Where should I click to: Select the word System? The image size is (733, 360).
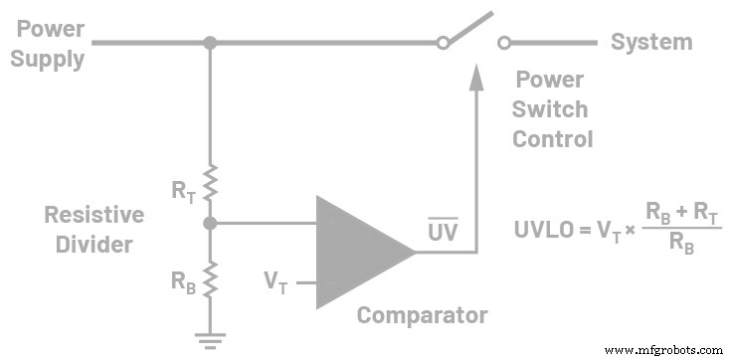coord(650,42)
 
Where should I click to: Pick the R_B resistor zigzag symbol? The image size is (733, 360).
coord(210,279)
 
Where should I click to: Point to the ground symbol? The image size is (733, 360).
coord(210,338)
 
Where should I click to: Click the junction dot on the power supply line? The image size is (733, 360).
coord(210,43)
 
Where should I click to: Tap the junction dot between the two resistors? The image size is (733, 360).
coord(210,224)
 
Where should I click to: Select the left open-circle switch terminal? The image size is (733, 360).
coord(443,43)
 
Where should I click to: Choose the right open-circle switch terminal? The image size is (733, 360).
coord(504,43)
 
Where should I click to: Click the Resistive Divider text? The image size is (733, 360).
coord(93,228)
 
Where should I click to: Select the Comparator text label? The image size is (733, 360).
coord(422,316)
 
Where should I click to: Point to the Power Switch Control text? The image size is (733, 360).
coord(551,109)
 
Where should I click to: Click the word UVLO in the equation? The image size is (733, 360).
coord(543,228)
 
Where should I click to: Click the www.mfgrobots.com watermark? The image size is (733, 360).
coord(663,350)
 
